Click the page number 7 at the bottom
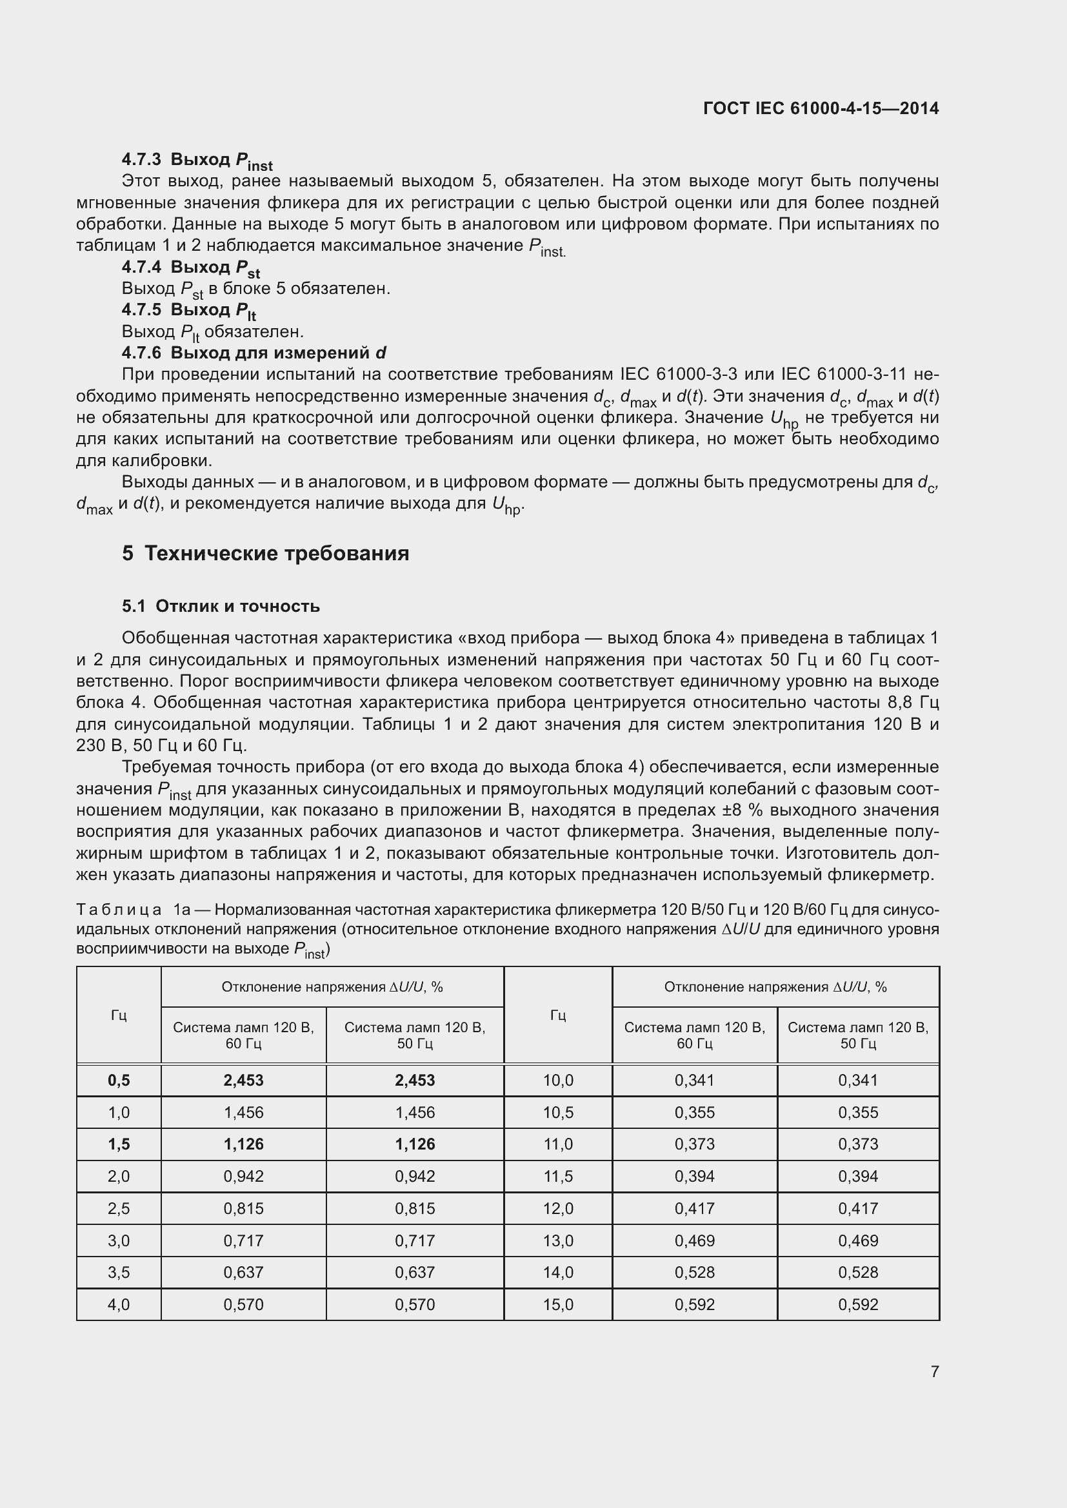click(934, 1371)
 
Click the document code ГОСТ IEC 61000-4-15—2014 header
click(821, 108)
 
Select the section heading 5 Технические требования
click(265, 554)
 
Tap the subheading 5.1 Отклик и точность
click(221, 606)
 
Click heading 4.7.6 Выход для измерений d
click(254, 353)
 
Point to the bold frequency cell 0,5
click(119, 1081)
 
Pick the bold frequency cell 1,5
click(119, 1144)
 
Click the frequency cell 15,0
click(558, 1304)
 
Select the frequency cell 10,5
click(558, 1113)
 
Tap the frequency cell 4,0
click(119, 1304)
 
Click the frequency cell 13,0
click(558, 1240)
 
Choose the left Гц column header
click(119, 1015)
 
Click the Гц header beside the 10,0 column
click(558, 1015)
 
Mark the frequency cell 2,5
click(119, 1208)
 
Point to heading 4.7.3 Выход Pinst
click(197, 161)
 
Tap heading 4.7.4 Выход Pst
click(190, 268)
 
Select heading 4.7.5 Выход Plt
click(188, 310)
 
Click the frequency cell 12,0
click(558, 1208)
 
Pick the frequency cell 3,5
click(119, 1272)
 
